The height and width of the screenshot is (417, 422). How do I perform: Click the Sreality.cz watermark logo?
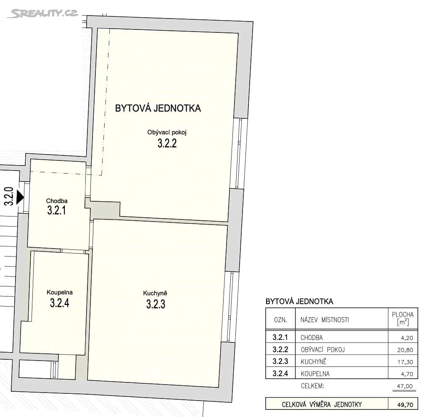pos(42,13)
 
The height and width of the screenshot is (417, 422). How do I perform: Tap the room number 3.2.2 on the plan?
pos(167,144)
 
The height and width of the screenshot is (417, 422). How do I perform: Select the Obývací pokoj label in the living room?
pos(166,132)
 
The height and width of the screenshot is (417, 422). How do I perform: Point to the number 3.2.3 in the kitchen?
pos(156,304)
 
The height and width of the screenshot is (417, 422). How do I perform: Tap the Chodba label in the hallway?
pos(57,201)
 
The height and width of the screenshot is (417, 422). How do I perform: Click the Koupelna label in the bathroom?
pos(60,292)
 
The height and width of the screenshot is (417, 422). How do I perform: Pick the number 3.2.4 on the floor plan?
pos(59,303)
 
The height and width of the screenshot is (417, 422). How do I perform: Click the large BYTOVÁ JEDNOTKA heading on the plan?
pos(158,108)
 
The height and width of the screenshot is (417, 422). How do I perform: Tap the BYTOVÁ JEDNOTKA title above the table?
pos(299,302)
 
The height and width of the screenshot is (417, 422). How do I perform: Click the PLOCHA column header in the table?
pos(403,319)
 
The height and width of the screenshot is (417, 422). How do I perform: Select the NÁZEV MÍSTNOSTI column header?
pos(324,320)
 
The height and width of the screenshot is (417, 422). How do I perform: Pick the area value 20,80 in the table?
pos(406,350)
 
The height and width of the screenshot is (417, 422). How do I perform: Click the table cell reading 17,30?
pos(406,361)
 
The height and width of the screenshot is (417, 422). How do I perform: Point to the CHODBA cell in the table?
pos(311,337)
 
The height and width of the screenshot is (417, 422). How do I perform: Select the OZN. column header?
pos(280,320)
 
